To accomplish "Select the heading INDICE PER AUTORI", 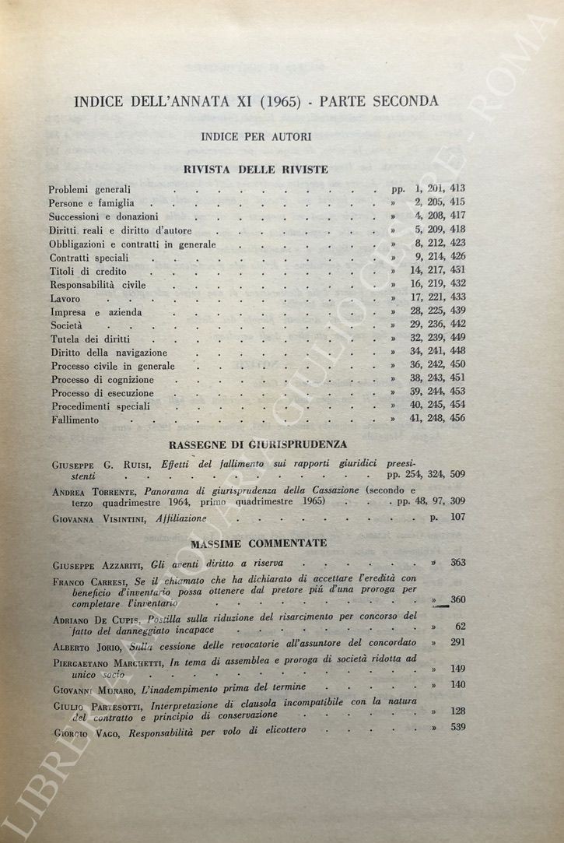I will [256, 136].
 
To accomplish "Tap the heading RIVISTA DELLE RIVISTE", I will [256, 169].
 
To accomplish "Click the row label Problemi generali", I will [89, 189].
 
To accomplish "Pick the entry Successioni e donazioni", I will [103, 216].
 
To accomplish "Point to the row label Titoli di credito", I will [88, 271].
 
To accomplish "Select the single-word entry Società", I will [65, 326].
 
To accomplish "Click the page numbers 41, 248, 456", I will [438, 419].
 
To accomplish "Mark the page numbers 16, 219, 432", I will [438, 283].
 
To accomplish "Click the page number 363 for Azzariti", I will [457, 562].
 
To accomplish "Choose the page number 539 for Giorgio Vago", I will [457, 728].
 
